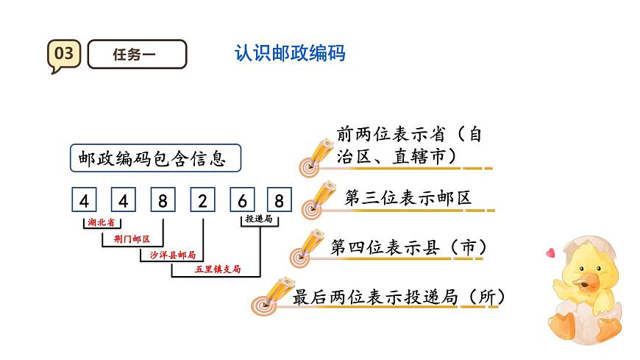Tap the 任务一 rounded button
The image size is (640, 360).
(137, 54)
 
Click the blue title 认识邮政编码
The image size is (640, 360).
(289, 54)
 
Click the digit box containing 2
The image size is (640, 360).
(202, 200)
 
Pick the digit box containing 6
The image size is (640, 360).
(241, 200)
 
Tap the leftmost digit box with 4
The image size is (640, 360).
(85, 200)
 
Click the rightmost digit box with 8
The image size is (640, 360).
(279, 200)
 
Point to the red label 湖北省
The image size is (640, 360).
(101, 222)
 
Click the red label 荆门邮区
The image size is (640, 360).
(132, 239)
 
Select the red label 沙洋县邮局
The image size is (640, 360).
(172, 255)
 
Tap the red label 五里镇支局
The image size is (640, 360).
(217, 269)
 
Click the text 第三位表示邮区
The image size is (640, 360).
(408, 198)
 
